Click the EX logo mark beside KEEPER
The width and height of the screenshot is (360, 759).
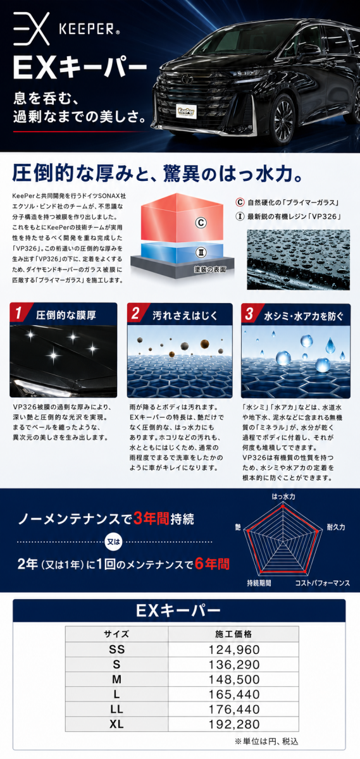pyautogui.click(x=31, y=28)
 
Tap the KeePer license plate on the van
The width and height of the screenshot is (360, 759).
pyautogui.click(x=187, y=111)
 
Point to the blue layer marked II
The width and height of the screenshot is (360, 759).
pyautogui.click(x=182, y=251)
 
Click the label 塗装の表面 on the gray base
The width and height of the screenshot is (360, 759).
pyautogui.click(x=209, y=269)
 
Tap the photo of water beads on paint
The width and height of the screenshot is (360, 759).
pyautogui.click(x=298, y=259)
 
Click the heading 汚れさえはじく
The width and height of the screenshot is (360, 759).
pyautogui.click(x=185, y=316)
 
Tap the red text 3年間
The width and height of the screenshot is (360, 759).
pyautogui.click(x=151, y=518)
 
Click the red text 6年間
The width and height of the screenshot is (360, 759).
pyautogui.click(x=212, y=564)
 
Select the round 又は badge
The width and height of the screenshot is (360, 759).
pyautogui.click(x=114, y=542)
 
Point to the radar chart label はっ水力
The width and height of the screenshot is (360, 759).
pyautogui.click(x=283, y=497)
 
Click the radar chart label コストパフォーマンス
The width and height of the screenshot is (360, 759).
pyautogui.click(x=323, y=583)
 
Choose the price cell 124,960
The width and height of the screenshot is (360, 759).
pyautogui.click(x=234, y=650)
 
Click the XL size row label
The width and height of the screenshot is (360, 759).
pyautogui.click(x=116, y=724)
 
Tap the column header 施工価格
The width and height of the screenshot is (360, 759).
pyautogui.click(x=233, y=634)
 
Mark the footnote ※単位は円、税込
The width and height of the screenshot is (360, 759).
pyautogui.click(x=266, y=741)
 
